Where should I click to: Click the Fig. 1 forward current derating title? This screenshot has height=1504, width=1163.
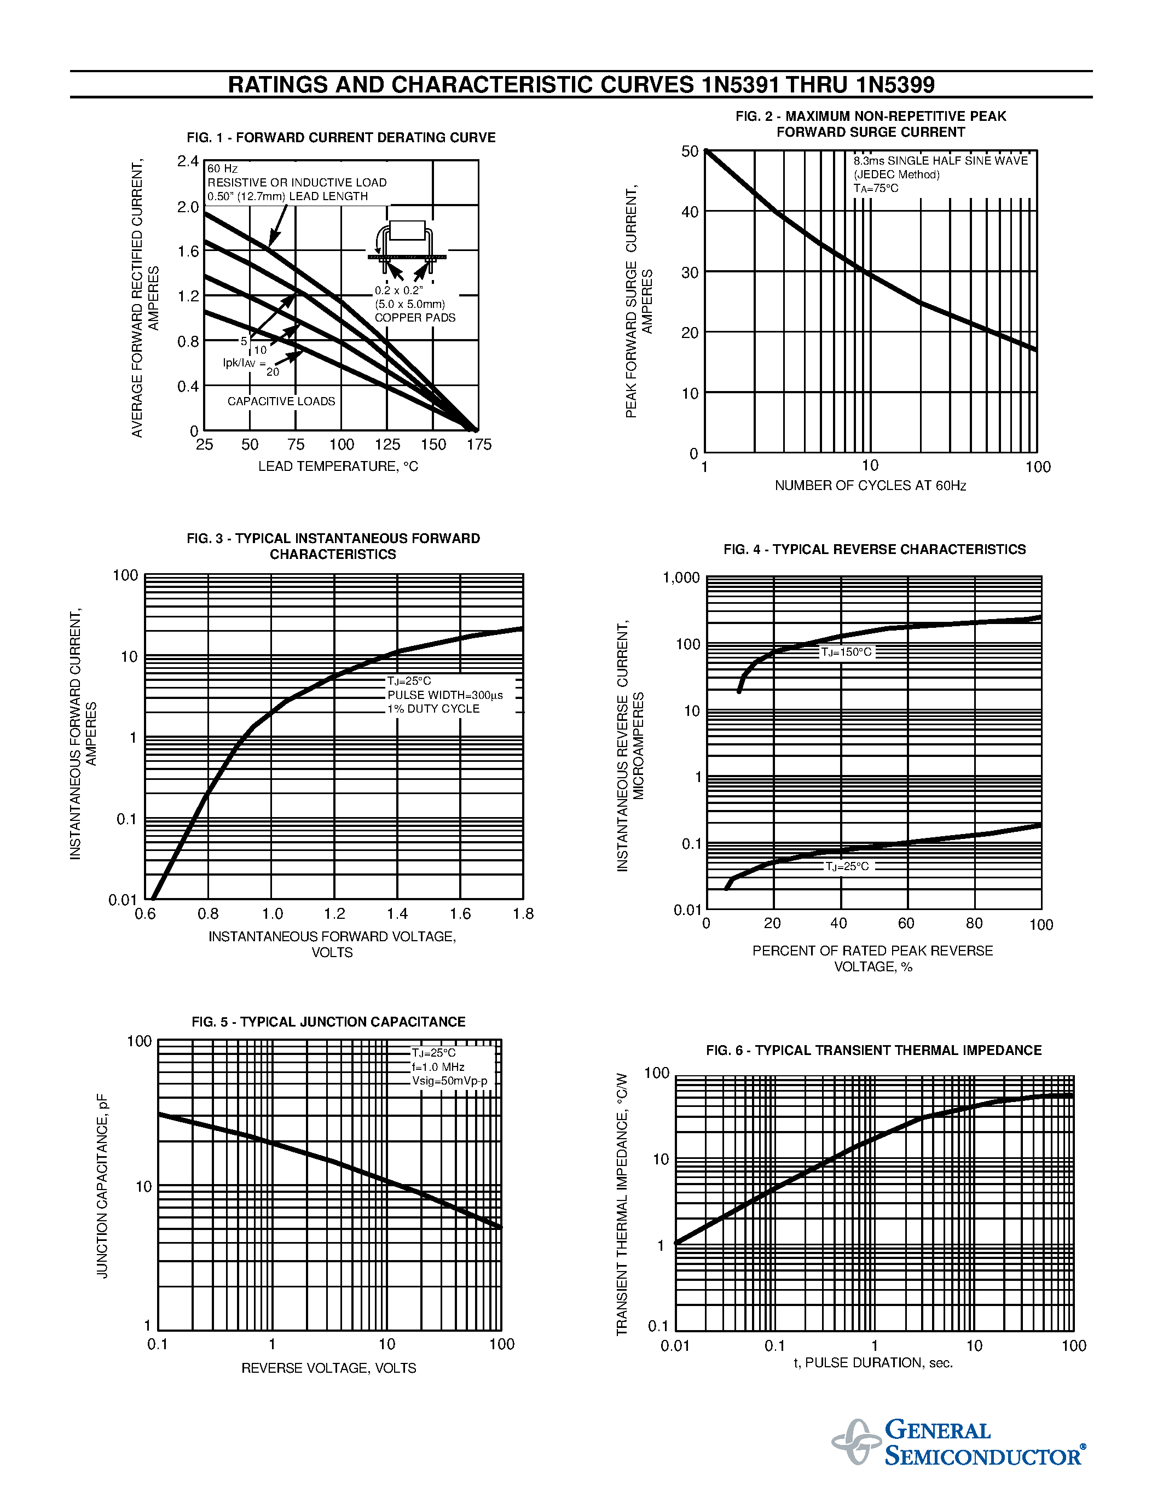(x=341, y=138)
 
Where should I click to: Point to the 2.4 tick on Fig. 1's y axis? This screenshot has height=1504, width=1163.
(x=187, y=161)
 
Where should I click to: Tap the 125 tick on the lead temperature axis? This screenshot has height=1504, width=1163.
(x=387, y=445)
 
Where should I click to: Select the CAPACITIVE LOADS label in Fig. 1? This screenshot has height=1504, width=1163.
(x=281, y=401)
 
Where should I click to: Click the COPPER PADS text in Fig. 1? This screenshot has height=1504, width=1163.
(x=415, y=317)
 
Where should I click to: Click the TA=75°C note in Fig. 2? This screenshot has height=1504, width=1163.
(x=876, y=189)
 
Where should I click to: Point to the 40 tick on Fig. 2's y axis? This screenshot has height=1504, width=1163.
(x=690, y=212)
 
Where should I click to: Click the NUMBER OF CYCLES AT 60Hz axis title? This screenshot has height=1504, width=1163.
(x=870, y=486)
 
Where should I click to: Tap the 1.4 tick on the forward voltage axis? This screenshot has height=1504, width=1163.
(x=397, y=914)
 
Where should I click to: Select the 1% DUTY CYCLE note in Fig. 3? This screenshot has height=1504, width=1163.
(x=433, y=709)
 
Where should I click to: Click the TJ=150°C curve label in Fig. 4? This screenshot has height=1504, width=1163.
(x=846, y=652)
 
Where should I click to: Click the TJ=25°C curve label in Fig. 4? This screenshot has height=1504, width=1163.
(x=847, y=866)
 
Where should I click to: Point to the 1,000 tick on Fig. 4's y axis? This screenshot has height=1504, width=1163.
(x=681, y=578)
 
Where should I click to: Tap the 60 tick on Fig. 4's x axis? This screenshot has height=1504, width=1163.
(x=906, y=924)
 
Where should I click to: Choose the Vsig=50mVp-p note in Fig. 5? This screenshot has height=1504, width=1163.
(x=449, y=1081)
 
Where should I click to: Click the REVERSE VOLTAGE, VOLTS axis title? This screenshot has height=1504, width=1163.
(x=328, y=1368)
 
